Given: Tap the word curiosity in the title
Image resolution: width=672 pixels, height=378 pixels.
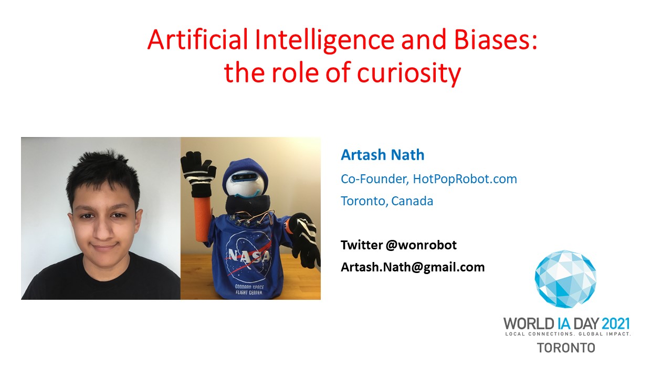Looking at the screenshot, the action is point(408,73).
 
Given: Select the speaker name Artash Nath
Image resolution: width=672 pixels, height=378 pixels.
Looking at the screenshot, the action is point(383,155).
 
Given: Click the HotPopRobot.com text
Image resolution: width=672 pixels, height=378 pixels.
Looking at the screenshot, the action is point(465,179).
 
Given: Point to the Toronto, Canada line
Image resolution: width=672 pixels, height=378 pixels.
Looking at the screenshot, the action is point(387,201).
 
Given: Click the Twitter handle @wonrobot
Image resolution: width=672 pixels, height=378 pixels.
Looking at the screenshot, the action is point(421,245).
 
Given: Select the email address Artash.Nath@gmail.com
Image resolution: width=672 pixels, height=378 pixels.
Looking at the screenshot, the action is point(413,267).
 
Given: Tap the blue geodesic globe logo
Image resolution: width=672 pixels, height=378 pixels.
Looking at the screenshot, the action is point(565,279).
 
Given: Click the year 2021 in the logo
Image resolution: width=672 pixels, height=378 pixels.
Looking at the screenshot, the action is point(615,324).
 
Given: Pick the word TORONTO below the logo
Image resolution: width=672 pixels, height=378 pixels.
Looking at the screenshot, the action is point(566,348).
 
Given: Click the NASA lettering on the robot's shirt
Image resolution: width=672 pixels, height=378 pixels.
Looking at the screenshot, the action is point(249,256).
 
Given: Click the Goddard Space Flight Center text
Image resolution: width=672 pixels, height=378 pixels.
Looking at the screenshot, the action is point(249,289).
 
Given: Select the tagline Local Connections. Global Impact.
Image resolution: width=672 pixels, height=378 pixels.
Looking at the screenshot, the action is point(568,334).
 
